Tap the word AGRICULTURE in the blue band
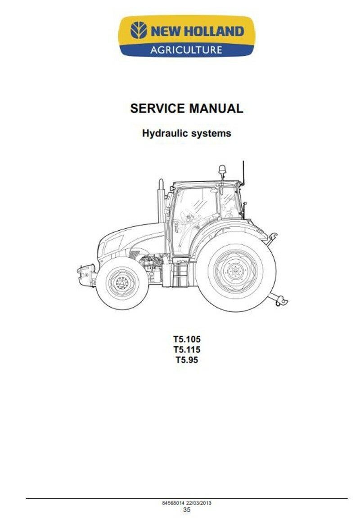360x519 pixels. click(186, 49)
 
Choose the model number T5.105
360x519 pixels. click(186, 339)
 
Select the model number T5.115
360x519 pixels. click(186, 349)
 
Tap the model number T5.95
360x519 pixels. click(186, 360)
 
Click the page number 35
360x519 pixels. click(186, 510)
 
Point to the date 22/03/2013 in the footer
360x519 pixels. click(199, 503)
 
